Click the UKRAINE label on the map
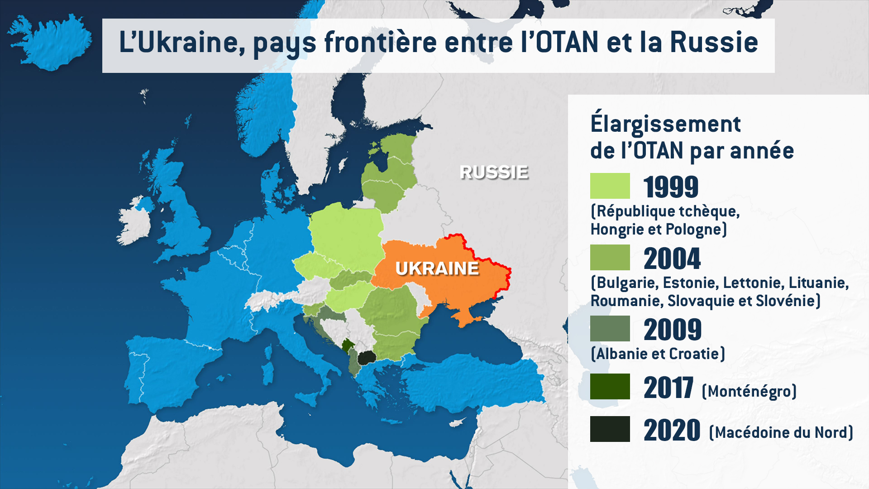click(437, 268)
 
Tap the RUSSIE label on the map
click(494, 173)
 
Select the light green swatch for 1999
click(610, 186)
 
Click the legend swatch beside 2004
click(610, 258)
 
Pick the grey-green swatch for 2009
click(610, 329)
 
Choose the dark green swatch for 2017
click(610, 387)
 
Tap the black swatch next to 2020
click(610, 429)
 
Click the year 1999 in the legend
click(671, 187)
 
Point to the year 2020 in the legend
click(672, 430)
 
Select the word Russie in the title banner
click(714, 43)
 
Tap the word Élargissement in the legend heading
click(665, 124)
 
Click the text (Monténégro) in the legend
click(749, 391)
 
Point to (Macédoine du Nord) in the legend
click(781, 433)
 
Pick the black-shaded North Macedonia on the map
click(367, 358)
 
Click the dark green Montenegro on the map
click(348, 346)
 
